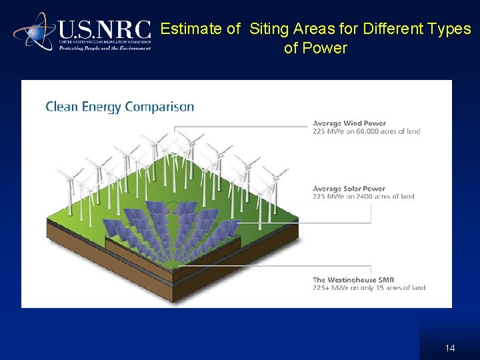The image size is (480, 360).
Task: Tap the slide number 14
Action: point(449,348)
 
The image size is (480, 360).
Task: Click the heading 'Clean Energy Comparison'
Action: point(120,107)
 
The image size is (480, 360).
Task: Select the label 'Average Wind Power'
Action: point(349,123)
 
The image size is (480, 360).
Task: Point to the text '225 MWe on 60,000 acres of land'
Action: point(367,131)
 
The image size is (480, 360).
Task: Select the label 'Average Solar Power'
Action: point(349,189)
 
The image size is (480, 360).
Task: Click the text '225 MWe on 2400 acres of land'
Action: point(363,197)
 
